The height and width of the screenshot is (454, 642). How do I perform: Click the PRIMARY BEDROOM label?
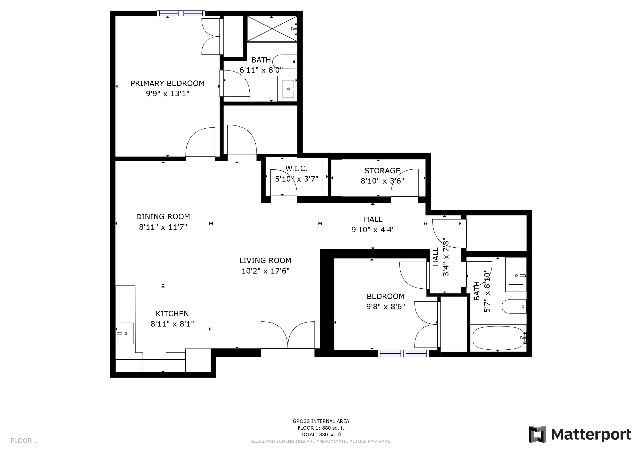[x=168, y=83]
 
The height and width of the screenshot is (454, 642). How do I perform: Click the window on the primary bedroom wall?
[x=181, y=13]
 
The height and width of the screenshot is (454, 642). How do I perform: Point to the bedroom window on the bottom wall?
[x=403, y=354]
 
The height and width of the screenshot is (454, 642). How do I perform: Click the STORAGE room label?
[x=382, y=170]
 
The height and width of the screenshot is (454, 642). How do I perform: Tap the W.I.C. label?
[x=296, y=168]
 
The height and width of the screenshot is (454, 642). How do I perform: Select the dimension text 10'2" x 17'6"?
[x=265, y=271]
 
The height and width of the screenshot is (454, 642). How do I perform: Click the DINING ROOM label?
[x=163, y=217]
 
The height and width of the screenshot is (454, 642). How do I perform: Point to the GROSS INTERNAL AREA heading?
[x=321, y=421]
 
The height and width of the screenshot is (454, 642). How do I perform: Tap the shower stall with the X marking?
[x=272, y=29]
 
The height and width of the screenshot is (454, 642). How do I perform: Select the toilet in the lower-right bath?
[x=514, y=307]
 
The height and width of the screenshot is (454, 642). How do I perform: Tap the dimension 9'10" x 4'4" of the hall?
[x=373, y=229]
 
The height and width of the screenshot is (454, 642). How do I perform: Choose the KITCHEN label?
[x=172, y=314]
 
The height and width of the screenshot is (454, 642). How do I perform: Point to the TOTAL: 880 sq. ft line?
[x=321, y=435]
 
